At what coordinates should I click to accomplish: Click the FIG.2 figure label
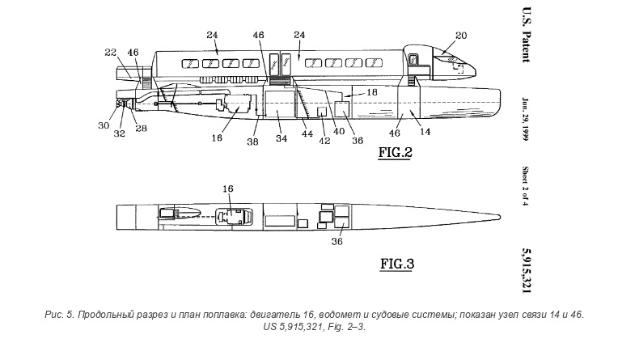(395, 152)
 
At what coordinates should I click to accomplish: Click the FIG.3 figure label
(397, 264)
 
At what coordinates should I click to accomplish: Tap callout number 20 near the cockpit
(461, 36)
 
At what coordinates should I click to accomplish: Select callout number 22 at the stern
(111, 53)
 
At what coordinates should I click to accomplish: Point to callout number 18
(371, 92)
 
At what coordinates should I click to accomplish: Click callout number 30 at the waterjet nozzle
(104, 125)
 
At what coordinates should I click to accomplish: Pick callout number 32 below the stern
(119, 133)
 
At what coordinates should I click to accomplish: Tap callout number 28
(141, 129)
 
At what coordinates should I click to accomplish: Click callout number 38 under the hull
(252, 141)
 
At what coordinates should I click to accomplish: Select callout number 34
(281, 138)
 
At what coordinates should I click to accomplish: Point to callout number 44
(307, 133)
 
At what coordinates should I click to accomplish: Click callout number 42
(324, 141)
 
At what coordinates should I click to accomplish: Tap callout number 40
(339, 132)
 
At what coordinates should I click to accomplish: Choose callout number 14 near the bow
(425, 132)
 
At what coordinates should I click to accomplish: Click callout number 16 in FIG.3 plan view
(228, 188)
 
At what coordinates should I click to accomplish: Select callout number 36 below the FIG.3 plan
(337, 241)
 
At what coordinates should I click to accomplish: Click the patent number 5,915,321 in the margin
(527, 270)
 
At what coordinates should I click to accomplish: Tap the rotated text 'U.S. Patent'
(527, 35)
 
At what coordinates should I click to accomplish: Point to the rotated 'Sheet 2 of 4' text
(526, 186)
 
